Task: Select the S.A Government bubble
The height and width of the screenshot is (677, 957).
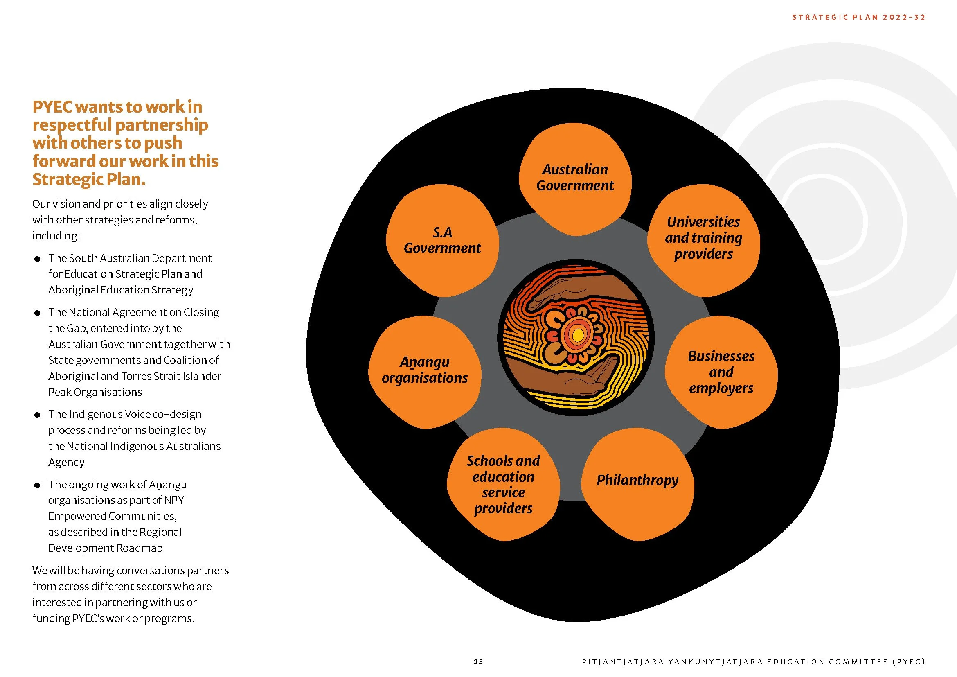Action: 442,241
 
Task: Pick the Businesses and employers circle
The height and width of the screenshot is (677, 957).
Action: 721,372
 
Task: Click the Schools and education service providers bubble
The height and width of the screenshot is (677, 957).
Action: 503,484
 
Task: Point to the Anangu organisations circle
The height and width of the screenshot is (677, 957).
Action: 425,370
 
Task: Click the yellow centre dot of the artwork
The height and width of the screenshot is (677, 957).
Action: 578,335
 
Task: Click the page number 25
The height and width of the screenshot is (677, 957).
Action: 478,661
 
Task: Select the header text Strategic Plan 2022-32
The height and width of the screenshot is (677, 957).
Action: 859,17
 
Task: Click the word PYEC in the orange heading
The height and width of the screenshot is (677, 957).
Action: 52,107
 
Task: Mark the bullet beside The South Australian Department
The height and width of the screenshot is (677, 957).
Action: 37,259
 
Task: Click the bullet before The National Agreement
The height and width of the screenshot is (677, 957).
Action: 37,313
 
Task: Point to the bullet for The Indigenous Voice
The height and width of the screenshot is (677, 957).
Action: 37,415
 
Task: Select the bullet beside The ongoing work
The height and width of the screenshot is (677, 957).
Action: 37,485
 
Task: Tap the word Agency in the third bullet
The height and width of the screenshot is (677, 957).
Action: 66,462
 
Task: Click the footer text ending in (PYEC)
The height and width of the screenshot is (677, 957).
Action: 753,661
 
